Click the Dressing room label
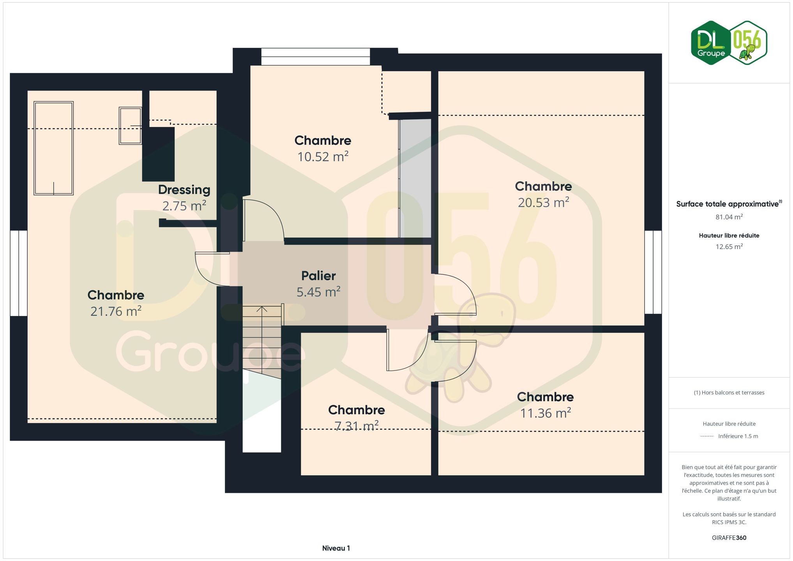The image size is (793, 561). [184, 190]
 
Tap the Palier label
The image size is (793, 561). [318, 276]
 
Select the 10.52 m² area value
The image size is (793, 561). [323, 157]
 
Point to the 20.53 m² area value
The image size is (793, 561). [543, 203]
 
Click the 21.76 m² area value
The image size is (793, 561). [116, 311]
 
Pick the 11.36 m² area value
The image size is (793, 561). [546, 413]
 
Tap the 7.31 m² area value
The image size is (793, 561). [357, 426]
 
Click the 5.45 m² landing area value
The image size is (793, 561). [318, 292]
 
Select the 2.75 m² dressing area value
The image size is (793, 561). [184, 206]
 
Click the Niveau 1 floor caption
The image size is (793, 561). [336, 548]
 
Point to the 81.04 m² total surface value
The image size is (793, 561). [729, 217]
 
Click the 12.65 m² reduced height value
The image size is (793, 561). [729, 247]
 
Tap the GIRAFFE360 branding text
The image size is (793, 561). [729, 538]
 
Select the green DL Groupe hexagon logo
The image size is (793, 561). [711, 42]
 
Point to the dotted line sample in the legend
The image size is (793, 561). [707, 436]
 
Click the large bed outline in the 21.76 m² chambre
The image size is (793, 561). [53, 148]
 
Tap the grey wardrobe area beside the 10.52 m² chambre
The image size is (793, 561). [415, 178]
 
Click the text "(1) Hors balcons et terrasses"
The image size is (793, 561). [729, 393]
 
